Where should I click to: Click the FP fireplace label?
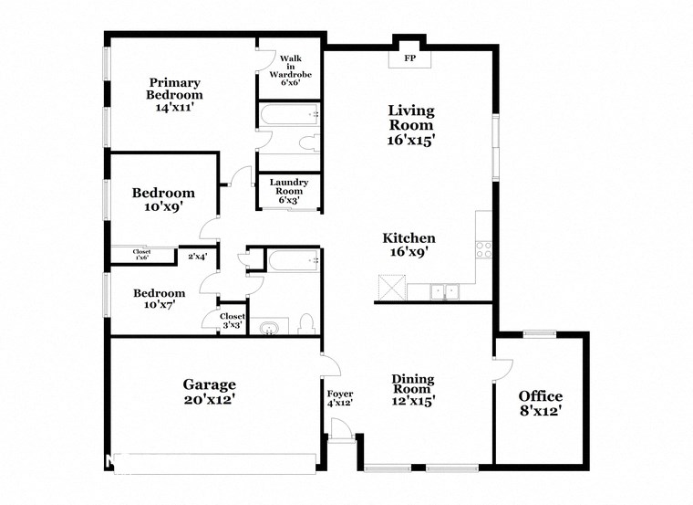(410, 58)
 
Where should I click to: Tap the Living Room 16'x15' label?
(410, 125)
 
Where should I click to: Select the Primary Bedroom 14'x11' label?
(175, 94)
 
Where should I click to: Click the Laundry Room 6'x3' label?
(289, 191)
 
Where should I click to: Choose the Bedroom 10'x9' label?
(163, 200)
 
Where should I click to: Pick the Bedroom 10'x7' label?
(160, 299)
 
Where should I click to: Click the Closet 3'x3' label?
(232, 321)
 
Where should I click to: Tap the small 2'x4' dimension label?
(196, 257)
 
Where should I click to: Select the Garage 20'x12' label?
(208, 392)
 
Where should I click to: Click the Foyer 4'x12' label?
(340, 398)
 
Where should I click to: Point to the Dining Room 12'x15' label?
(413, 389)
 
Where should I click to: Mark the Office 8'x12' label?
(541, 403)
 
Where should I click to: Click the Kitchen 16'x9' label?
(408, 245)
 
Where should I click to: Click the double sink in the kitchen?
(446, 291)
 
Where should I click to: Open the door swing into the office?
(502, 368)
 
